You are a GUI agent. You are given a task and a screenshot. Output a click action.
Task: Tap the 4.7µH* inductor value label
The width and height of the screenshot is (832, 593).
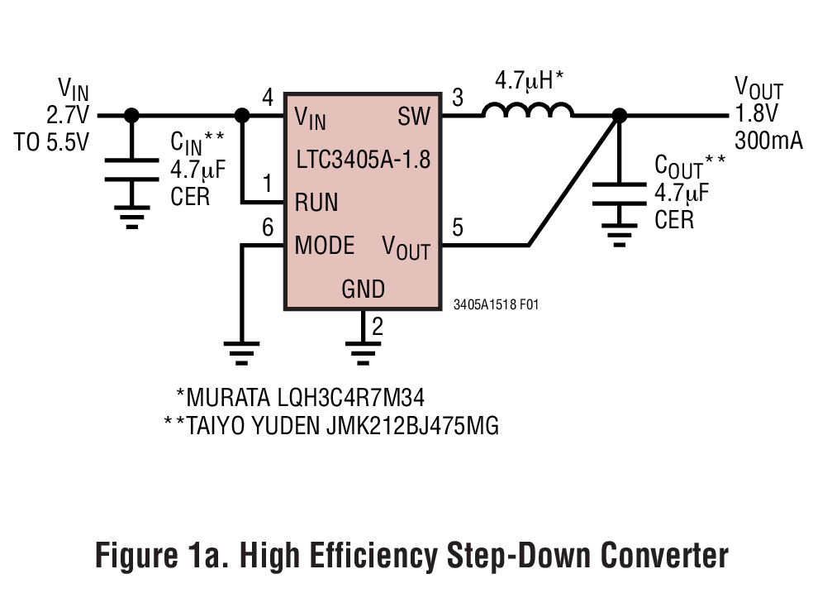(x=529, y=81)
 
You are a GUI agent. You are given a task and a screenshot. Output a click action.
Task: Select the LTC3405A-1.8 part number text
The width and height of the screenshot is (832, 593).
(x=363, y=159)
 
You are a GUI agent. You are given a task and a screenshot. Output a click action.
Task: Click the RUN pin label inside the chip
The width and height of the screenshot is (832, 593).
(x=316, y=202)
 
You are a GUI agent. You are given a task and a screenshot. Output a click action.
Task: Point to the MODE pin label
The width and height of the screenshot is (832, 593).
(x=325, y=246)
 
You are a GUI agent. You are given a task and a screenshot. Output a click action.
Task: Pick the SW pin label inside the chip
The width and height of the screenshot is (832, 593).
(x=414, y=117)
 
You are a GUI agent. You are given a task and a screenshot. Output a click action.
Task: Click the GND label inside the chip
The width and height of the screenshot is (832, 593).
(x=363, y=289)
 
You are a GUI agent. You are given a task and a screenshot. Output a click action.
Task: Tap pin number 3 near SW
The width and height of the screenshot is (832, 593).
(x=458, y=98)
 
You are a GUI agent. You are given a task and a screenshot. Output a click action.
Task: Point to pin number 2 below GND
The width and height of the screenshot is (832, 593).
(x=378, y=327)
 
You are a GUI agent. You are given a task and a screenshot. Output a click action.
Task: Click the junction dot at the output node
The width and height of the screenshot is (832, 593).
(x=617, y=116)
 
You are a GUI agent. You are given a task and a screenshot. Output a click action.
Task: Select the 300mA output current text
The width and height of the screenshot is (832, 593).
(x=768, y=141)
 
